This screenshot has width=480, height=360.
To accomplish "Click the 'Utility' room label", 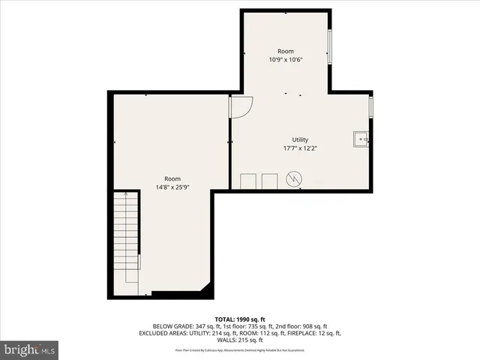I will coord(300,140).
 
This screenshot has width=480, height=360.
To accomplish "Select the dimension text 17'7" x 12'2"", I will coord(300,148).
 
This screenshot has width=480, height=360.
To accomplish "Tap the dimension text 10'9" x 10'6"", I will coord(285,59).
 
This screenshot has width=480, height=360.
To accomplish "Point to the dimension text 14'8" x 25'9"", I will coord(172,187).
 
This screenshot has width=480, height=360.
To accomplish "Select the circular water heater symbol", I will coord(295,179).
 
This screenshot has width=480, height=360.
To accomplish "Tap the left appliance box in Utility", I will coord(247,181).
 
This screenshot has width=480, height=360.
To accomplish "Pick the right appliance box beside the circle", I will coord(269,181).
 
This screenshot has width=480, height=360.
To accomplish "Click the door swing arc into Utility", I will coord(240,107).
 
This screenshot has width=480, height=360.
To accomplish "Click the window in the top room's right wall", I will coord(329,47).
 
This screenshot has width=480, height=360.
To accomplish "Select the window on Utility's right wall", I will coord(370,105).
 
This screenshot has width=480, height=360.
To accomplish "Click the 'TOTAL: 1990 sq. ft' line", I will coord(240,319).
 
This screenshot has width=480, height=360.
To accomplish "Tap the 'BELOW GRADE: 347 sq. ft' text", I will coord(184,327).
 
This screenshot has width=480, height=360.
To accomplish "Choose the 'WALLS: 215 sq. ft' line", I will coord(240,340).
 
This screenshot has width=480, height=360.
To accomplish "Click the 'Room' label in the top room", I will coord(285,51).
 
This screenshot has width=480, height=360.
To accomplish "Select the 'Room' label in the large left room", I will coord(172,178).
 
